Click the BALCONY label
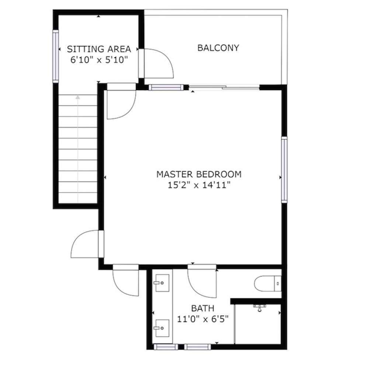(218, 48)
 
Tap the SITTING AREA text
(99, 49)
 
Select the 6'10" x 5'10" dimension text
(99, 60)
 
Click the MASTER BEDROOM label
(199, 174)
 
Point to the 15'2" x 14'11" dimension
(199, 185)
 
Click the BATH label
(202, 308)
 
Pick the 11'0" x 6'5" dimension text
(202, 319)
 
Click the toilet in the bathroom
(268, 283)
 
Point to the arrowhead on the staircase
(77, 97)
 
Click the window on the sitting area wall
(56, 56)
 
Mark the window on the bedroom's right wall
(284, 169)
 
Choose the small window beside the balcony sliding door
(166, 87)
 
